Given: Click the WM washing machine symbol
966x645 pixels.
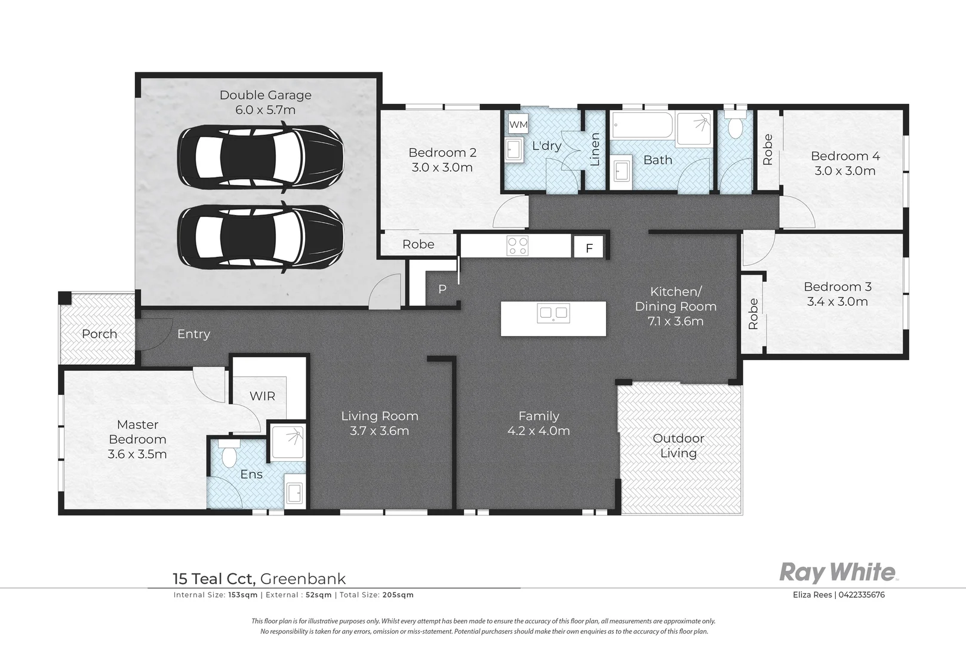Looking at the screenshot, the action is pyautogui.click(x=518, y=125).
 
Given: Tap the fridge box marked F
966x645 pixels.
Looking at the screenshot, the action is pyautogui.click(x=589, y=248).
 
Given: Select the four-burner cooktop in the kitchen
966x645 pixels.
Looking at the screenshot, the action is pyautogui.click(x=518, y=246).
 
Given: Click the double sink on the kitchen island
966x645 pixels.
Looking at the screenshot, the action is pyautogui.click(x=553, y=313).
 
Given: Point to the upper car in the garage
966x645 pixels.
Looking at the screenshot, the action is pyautogui.click(x=260, y=156).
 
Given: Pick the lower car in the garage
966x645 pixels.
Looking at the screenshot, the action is pyautogui.click(x=260, y=237).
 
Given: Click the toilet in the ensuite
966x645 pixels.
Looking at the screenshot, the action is pyautogui.click(x=229, y=454).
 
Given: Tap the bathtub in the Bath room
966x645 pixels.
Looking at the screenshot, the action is pyautogui.click(x=642, y=125).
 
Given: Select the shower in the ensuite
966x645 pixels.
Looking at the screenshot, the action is pyautogui.click(x=288, y=441).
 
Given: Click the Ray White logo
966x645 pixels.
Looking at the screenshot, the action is pyautogui.click(x=839, y=573).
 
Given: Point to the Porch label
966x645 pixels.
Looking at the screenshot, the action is pyautogui.click(x=99, y=334).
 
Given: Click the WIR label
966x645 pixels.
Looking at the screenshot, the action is pyautogui.click(x=262, y=396).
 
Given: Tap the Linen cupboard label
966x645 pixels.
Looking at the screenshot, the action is pyautogui.click(x=595, y=149).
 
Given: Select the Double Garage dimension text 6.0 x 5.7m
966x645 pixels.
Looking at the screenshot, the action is pyautogui.click(x=265, y=110).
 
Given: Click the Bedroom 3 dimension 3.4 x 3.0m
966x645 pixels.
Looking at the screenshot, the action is pyautogui.click(x=838, y=302).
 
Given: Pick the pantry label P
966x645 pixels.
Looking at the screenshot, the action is pyautogui.click(x=442, y=289).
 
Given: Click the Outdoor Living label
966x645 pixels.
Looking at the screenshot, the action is pyautogui.click(x=678, y=446).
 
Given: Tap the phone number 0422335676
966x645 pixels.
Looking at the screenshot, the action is pyautogui.click(x=862, y=595).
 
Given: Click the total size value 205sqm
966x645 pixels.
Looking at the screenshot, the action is pyautogui.click(x=398, y=595).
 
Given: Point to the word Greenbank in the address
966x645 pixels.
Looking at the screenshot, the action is pyautogui.click(x=303, y=579).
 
